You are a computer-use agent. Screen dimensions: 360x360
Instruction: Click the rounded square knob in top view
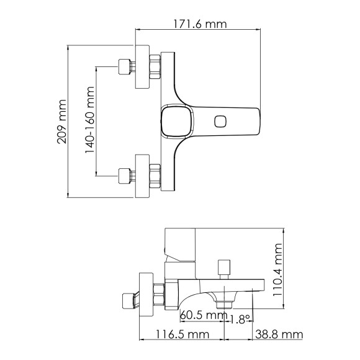[x=174, y=121]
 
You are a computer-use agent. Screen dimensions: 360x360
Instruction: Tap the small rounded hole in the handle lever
[x=221, y=121]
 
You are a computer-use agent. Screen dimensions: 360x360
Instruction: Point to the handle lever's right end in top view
[x=251, y=121]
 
